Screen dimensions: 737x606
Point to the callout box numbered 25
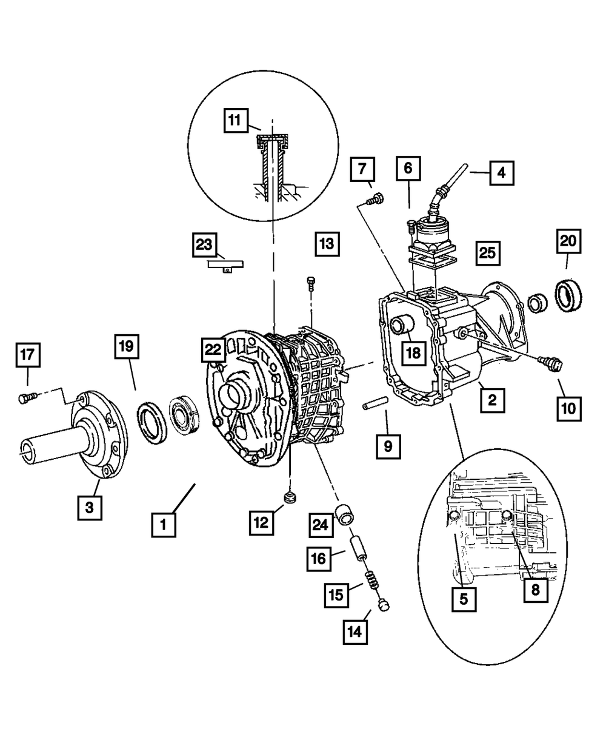(488, 252)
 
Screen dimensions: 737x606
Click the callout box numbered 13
(327, 244)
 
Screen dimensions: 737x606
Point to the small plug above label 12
(290, 499)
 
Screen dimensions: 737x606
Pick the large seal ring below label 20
(569, 295)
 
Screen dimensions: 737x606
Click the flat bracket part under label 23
(224, 265)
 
